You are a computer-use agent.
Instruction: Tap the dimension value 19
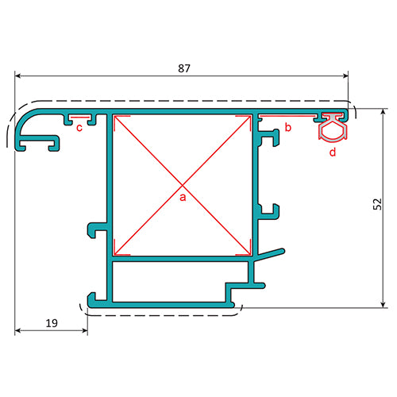(x=51, y=323)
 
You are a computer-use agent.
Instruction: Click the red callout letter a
(x=182, y=196)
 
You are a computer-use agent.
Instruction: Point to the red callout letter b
(x=288, y=127)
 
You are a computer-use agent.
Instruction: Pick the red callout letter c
(x=79, y=131)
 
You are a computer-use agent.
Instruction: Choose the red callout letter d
(x=333, y=151)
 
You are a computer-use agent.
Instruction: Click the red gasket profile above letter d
(x=333, y=127)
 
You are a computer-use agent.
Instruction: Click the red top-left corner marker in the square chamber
(x=118, y=121)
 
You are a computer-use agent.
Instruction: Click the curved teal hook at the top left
(x=32, y=128)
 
